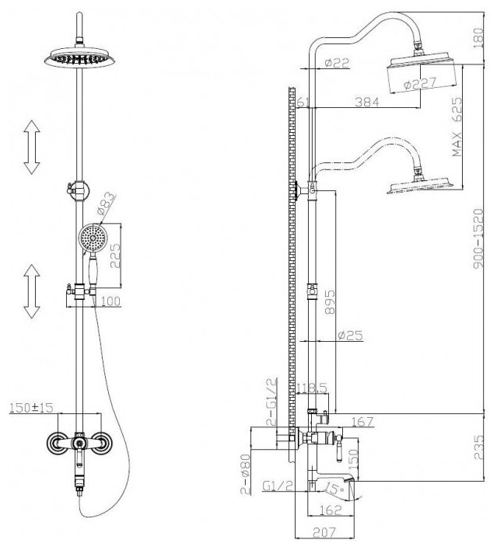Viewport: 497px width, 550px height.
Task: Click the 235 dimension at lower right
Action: pos(487,449)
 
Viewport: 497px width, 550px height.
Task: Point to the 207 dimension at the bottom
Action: pos(326,534)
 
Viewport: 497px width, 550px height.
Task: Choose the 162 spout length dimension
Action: pos(328,511)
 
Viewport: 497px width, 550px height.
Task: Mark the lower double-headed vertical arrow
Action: pos(32,291)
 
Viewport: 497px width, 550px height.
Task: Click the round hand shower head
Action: pos(91,236)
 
